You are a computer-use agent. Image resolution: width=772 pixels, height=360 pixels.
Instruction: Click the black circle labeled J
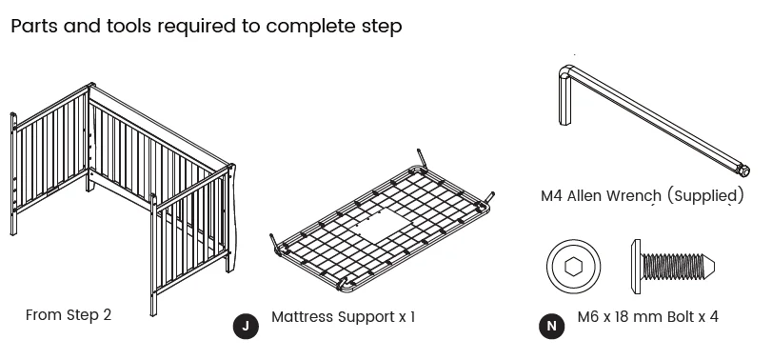pos(246,326)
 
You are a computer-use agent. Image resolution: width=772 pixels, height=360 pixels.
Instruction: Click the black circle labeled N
pos(550,326)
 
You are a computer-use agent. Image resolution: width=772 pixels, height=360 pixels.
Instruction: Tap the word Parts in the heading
pos(35,26)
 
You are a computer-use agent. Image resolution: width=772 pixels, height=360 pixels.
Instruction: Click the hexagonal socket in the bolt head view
pos(573,267)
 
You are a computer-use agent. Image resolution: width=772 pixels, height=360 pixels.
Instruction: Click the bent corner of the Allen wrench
pos(564,71)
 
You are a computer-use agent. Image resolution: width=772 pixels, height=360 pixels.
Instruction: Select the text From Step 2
pos(69,314)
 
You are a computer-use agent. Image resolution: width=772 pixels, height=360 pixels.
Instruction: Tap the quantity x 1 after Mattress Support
pos(406,315)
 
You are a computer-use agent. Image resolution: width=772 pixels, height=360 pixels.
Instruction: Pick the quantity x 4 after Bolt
pos(708,316)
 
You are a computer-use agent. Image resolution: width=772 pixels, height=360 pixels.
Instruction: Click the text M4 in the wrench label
pos(553,196)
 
